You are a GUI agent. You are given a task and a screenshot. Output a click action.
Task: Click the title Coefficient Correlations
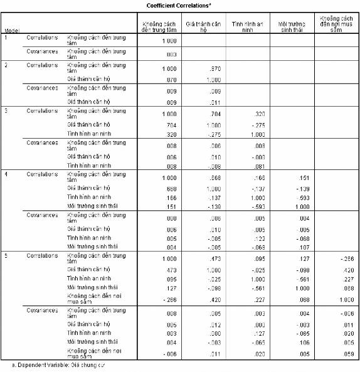click(x=179, y=4)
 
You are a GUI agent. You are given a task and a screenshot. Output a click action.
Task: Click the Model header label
click(x=11, y=30)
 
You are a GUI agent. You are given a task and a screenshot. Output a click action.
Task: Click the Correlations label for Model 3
click(x=43, y=110)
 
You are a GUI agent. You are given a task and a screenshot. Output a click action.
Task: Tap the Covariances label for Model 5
click(x=43, y=310)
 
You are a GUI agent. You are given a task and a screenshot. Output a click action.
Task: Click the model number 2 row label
click(x=6, y=65)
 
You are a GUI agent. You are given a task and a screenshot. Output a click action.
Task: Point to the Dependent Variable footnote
click(x=56, y=364)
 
